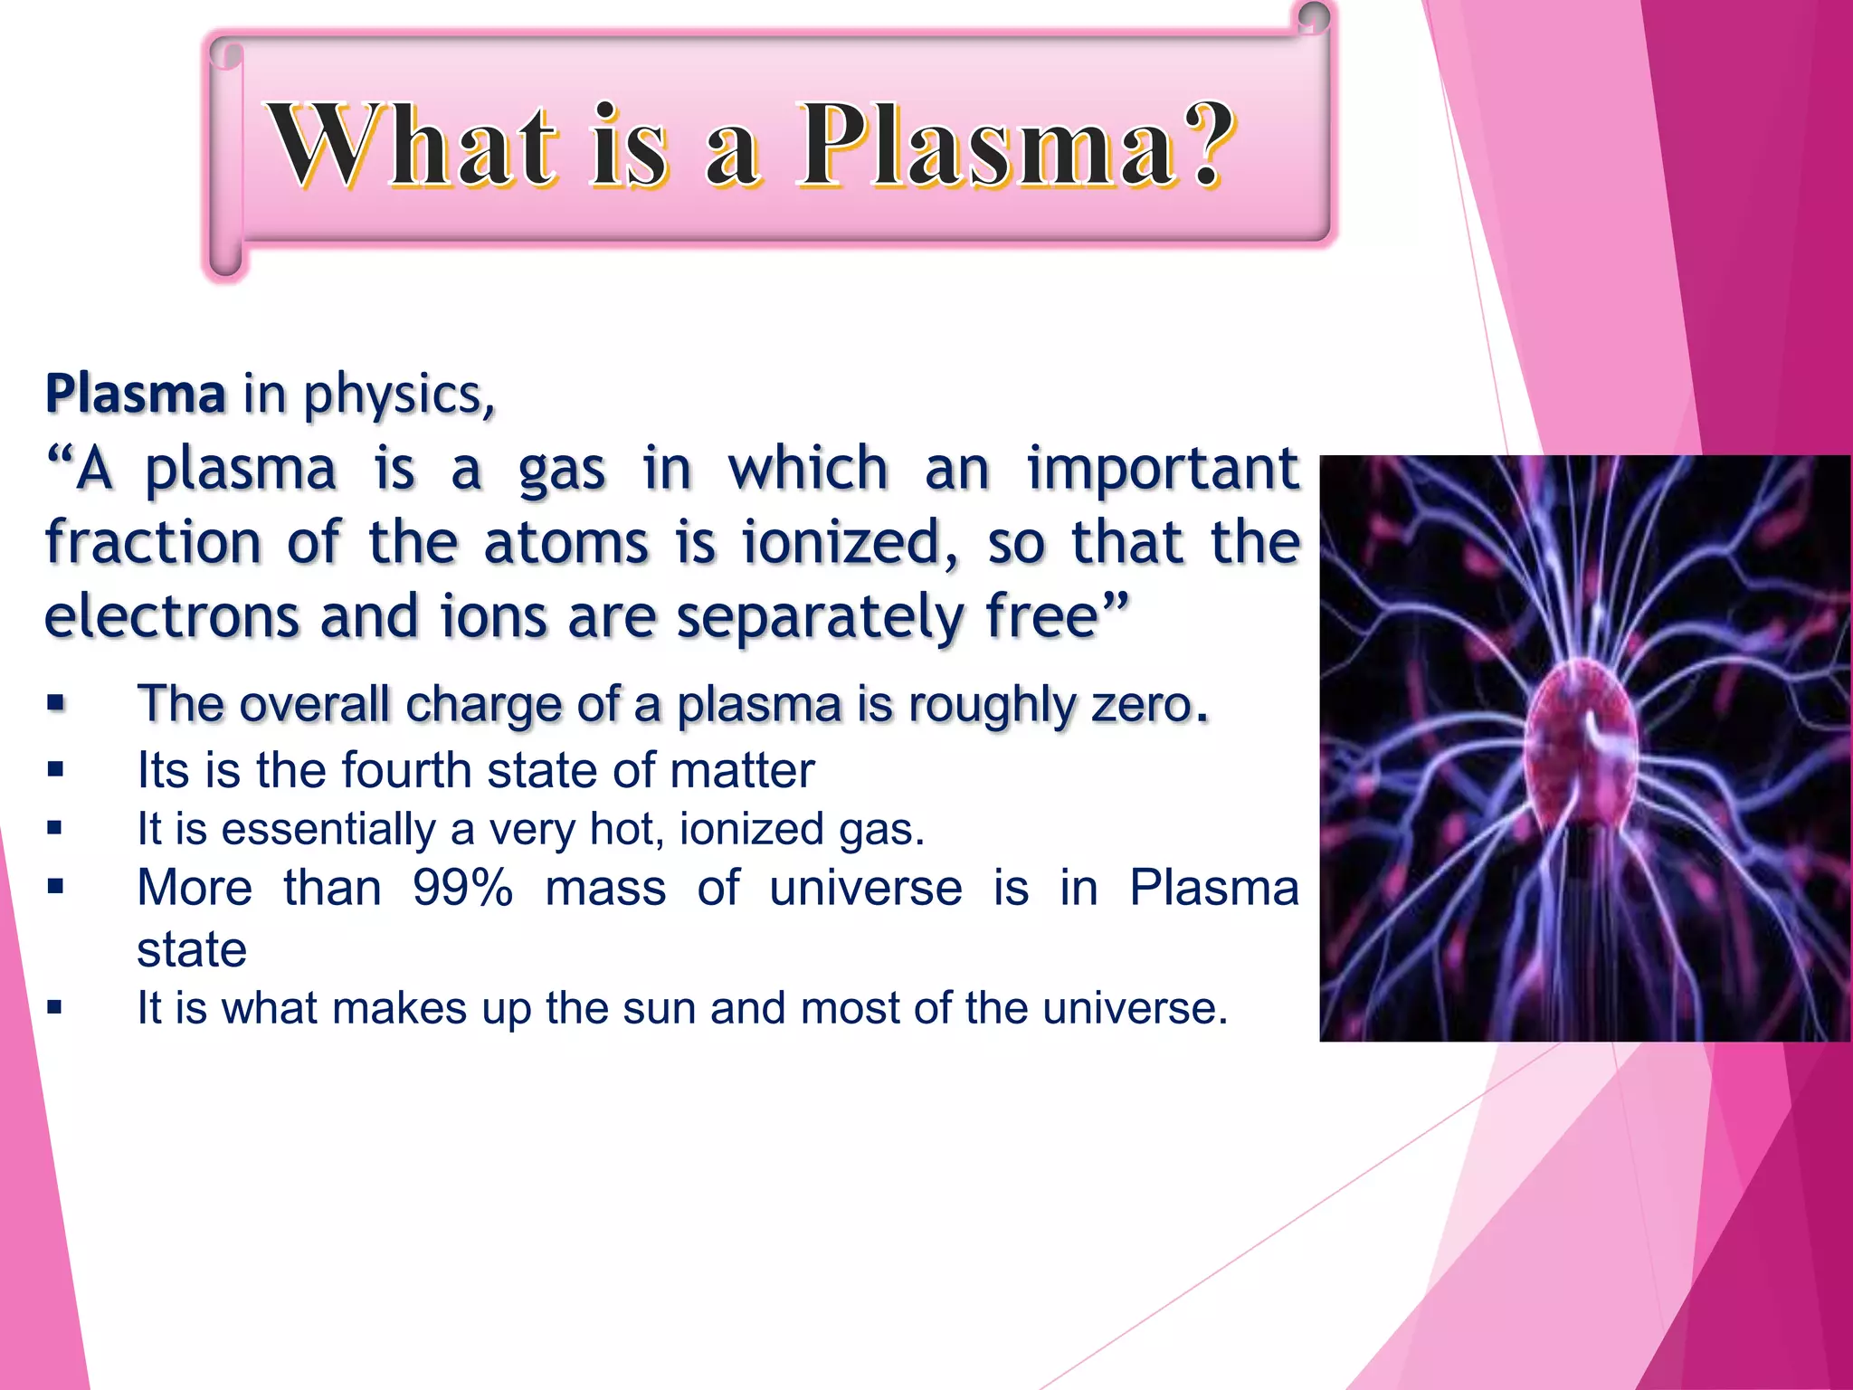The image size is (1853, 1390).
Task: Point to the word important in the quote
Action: pyautogui.click(x=1163, y=471)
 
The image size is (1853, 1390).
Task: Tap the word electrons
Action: pyautogui.click(x=172, y=617)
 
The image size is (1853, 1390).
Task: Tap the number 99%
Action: pyautogui.click(x=462, y=888)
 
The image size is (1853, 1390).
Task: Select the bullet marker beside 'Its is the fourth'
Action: pyautogui.click(x=56, y=770)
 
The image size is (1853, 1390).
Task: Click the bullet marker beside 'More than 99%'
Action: pyautogui.click(x=56, y=887)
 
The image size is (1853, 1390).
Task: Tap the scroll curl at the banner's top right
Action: pyautogui.click(x=1314, y=18)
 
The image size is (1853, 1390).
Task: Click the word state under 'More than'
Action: pyautogui.click(x=192, y=949)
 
